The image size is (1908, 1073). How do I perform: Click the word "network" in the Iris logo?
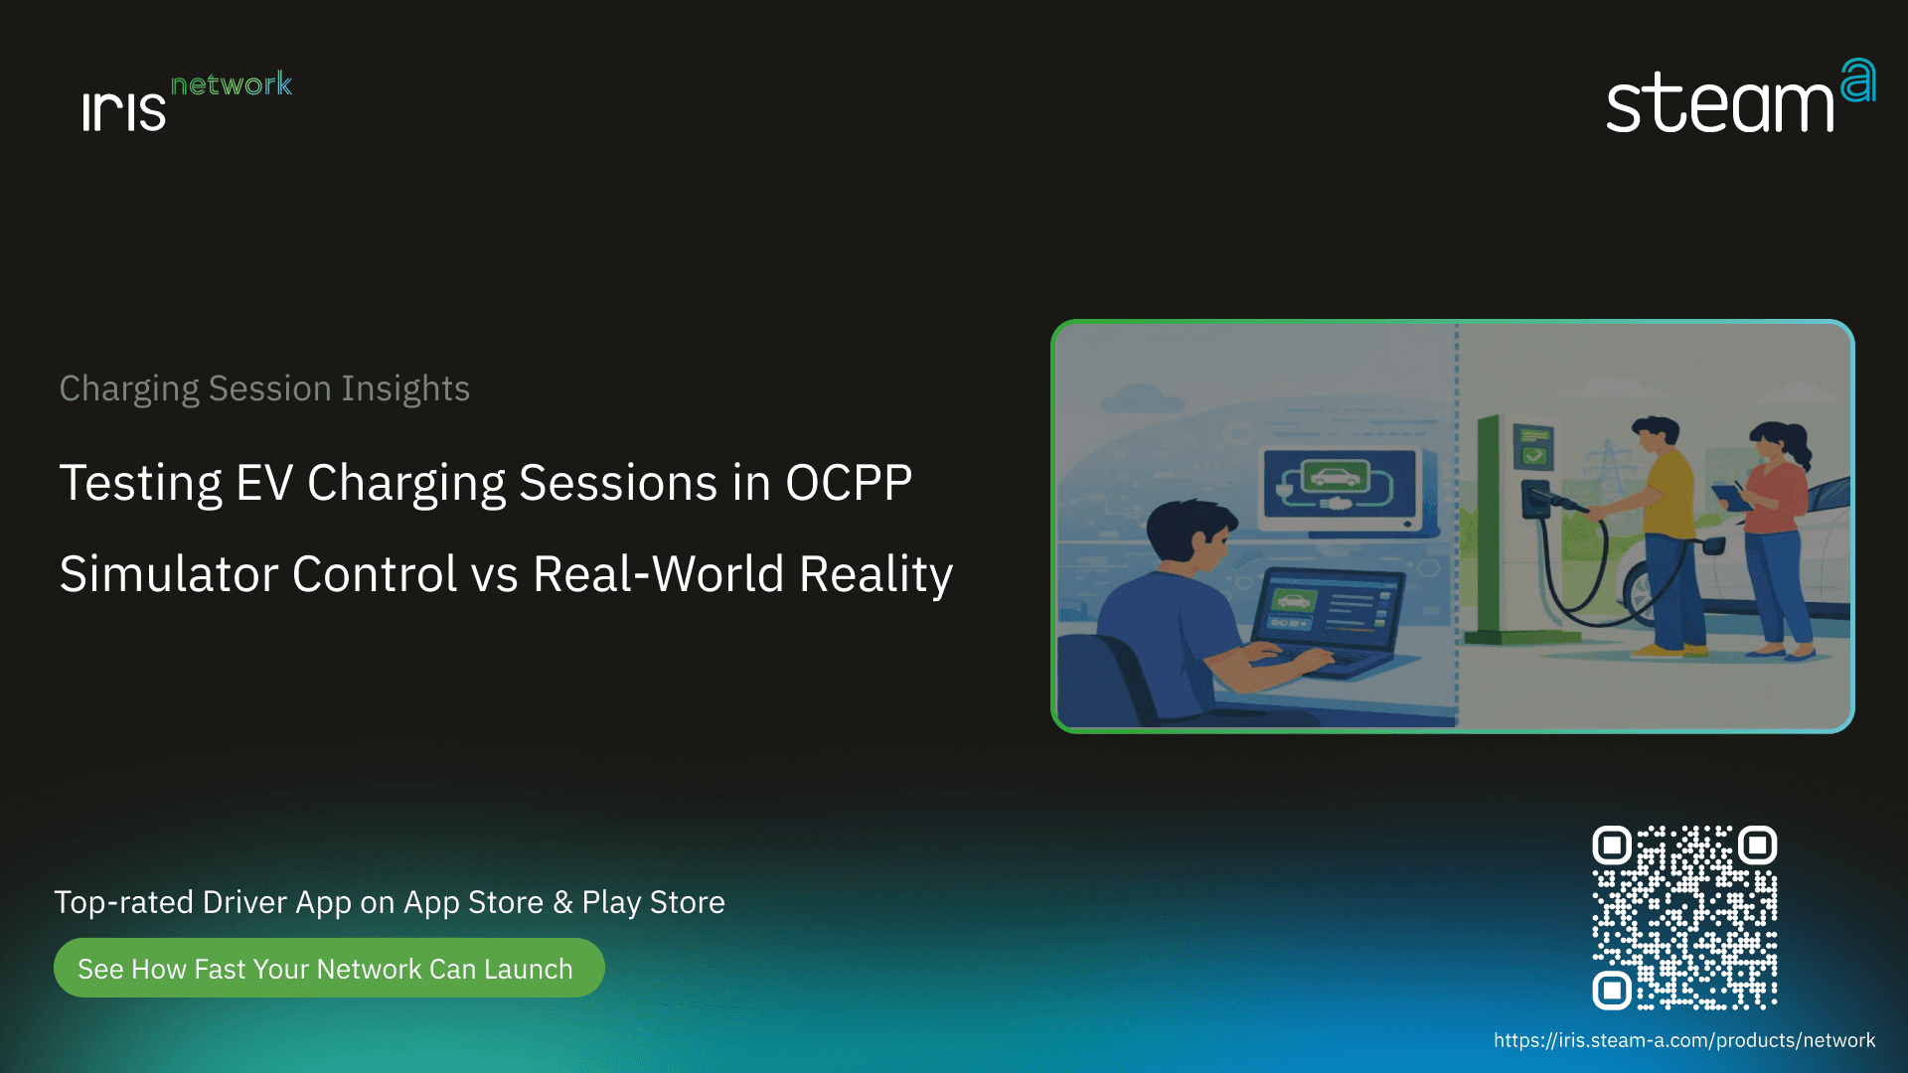click(232, 84)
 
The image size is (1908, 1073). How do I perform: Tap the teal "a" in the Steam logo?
click(1857, 80)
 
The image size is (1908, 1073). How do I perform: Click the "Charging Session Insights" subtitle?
click(264, 388)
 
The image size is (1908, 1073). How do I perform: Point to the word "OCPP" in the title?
click(849, 483)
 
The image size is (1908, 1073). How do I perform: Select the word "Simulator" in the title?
click(168, 574)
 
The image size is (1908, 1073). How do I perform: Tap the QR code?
click(1684, 917)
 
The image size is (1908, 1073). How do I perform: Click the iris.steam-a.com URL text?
click(1684, 1040)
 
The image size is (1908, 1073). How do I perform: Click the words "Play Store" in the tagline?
click(653, 903)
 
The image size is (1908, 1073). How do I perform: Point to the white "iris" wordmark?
click(124, 110)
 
